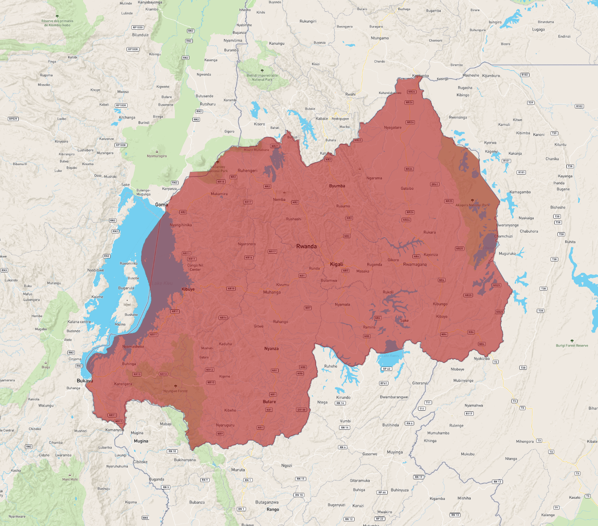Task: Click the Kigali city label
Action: point(337,264)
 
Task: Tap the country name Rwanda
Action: point(306,246)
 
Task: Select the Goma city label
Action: point(161,205)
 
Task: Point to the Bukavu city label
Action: point(85,381)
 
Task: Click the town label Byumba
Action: point(337,186)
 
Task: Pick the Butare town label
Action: point(269,402)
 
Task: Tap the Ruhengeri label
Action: point(247,171)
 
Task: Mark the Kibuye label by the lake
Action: point(188,289)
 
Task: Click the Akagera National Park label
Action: point(473,205)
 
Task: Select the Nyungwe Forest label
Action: point(175,391)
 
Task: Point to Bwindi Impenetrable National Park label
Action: point(262,78)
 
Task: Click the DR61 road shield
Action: point(435,184)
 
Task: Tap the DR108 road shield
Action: point(302,410)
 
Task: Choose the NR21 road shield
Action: point(275,146)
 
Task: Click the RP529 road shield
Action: point(13,119)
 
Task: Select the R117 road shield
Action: point(469,413)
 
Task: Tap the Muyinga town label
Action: point(395,452)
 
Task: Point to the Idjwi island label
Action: point(127,305)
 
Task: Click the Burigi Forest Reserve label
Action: point(572,345)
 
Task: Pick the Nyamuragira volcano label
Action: point(157,156)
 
